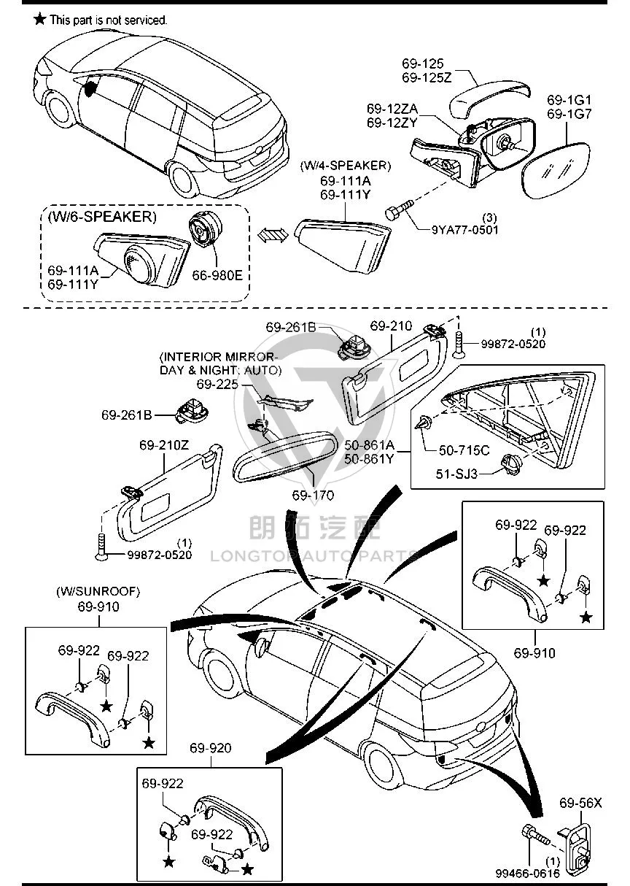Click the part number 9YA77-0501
click(464, 230)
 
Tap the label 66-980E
click(217, 275)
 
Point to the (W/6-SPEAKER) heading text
click(102, 217)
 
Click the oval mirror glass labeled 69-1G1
click(556, 172)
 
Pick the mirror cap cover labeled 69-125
click(489, 99)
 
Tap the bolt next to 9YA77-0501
click(399, 209)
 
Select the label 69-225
click(217, 384)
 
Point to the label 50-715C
click(464, 450)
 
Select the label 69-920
click(211, 748)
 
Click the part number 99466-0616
click(528, 874)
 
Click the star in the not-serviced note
click(40, 18)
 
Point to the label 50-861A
click(369, 445)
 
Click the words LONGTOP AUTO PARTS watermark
click(314, 556)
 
